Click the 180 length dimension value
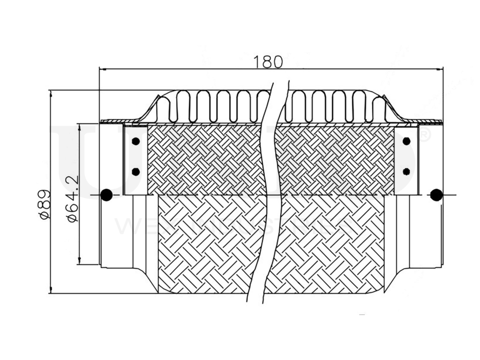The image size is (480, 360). click(268, 61)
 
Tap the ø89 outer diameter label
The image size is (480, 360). click(44, 204)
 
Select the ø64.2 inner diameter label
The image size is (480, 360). click(72, 198)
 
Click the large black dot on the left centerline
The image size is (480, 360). click(107, 195)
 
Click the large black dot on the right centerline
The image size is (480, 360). click(436, 195)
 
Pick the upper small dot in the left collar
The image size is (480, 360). click(136, 141)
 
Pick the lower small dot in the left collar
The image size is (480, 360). click(136, 171)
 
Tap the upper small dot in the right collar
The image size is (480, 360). click(407, 141)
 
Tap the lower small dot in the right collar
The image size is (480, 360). click(407, 171)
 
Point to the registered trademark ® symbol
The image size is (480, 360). click(425, 136)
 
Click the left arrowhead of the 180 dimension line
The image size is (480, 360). click(102, 69)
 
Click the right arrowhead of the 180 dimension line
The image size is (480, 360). click(440, 69)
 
